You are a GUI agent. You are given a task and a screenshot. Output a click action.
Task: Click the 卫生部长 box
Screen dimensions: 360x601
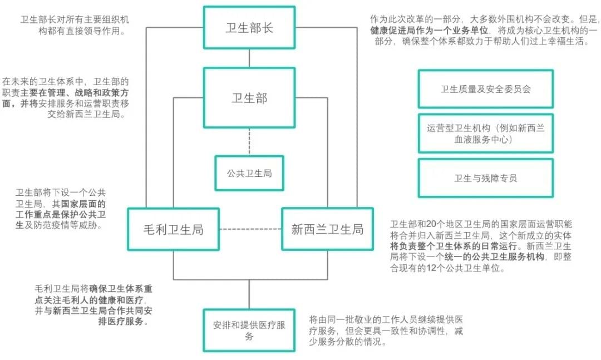tap(249, 28)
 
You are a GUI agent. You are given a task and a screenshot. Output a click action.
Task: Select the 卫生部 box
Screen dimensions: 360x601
tap(249, 98)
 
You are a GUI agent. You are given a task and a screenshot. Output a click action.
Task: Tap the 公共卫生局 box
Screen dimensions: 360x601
tap(249, 173)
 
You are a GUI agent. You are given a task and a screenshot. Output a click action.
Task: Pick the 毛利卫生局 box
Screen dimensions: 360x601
tap(173, 229)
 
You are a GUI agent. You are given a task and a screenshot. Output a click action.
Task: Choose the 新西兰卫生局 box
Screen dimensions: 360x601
tap(327, 229)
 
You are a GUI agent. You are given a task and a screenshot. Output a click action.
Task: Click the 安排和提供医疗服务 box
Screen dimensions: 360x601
tap(249, 331)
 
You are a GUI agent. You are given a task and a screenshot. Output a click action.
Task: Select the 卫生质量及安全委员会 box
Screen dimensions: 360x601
tap(485, 88)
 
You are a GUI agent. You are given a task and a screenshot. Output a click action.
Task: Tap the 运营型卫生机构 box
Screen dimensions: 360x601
tap(485, 134)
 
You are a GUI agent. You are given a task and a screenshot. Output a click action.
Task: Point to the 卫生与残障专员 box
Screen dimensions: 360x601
tap(485, 178)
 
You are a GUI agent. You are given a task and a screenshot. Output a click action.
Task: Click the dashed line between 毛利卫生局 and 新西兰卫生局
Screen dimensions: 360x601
tap(250, 229)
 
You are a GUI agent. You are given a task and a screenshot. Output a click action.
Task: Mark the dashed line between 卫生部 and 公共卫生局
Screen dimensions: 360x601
tap(249, 142)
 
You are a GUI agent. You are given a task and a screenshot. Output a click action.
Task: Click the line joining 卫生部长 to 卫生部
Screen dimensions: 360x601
tap(249, 58)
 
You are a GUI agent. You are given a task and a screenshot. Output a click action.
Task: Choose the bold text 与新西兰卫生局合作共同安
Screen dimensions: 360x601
tap(97, 312)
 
